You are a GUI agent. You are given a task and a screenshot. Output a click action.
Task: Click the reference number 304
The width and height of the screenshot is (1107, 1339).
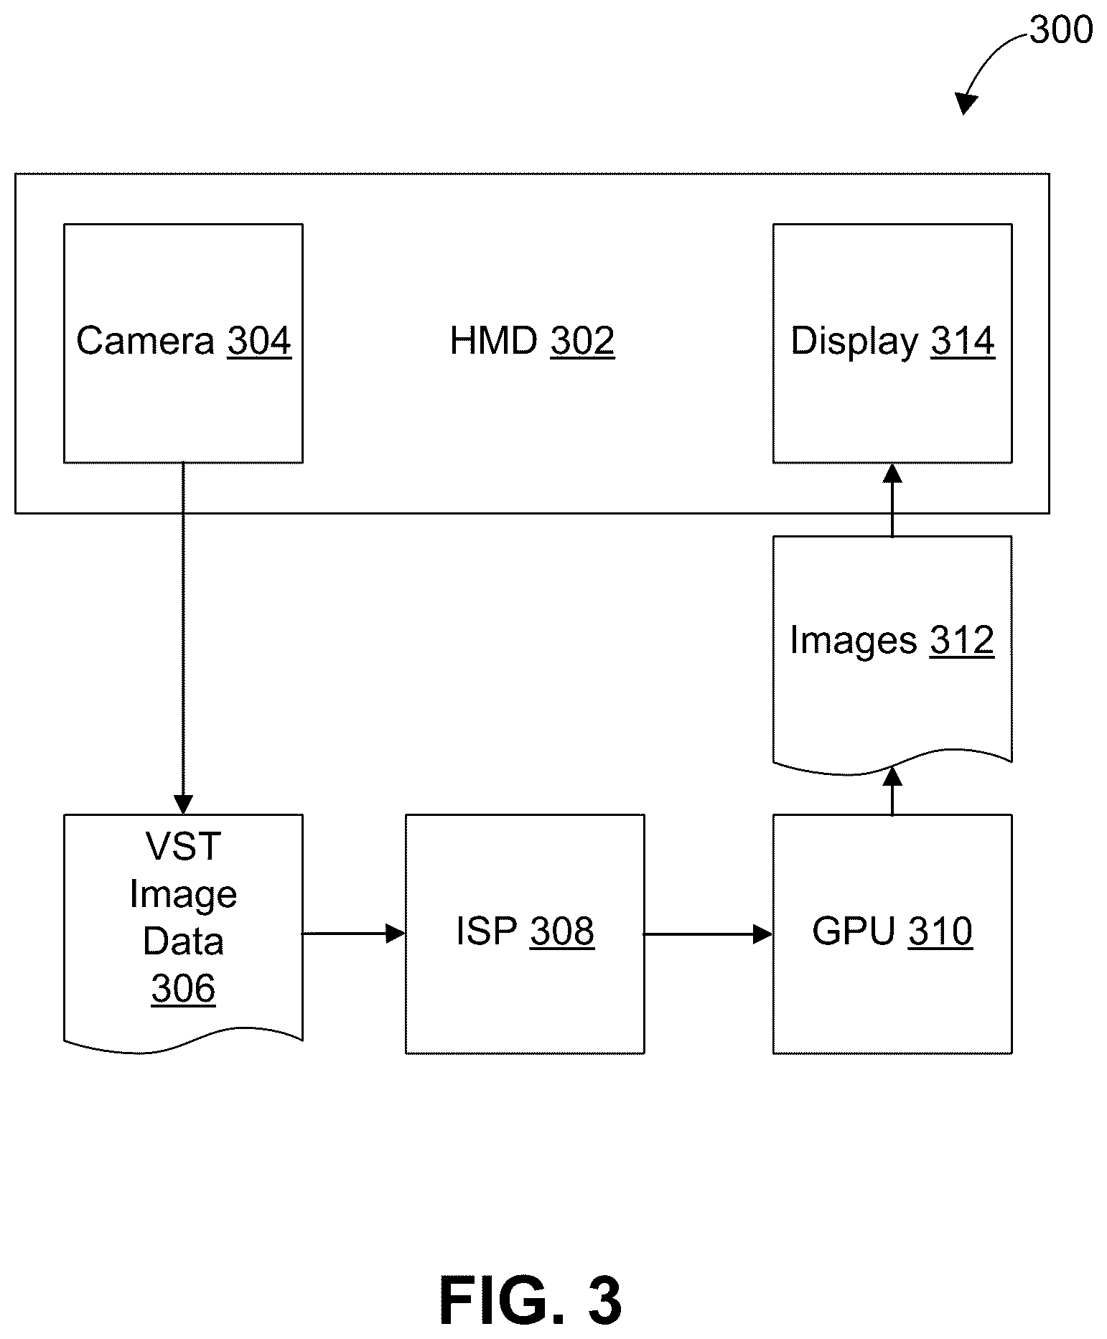click(259, 341)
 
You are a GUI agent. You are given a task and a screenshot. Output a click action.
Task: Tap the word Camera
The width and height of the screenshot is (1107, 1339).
click(145, 341)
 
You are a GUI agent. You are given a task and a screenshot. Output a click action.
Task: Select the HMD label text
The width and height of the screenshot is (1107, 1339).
click(494, 341)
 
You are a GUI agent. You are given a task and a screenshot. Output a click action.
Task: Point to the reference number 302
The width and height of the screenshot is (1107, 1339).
click(582, 341)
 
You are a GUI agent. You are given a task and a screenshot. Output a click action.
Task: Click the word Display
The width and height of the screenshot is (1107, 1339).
click(854, 342)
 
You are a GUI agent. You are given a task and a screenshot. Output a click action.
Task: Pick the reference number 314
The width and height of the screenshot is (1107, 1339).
click(963, 341)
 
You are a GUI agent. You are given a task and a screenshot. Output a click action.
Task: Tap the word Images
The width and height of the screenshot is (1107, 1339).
click(853, 641)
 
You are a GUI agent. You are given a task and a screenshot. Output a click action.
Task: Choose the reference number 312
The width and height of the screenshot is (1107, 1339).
click(962, 640)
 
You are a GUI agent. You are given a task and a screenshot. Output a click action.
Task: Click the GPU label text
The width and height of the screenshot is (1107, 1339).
click(854, 931)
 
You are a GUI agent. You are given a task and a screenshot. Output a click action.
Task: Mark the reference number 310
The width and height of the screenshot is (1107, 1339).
click(940, 931)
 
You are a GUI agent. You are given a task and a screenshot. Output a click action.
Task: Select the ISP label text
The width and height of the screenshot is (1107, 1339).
click(487, 931)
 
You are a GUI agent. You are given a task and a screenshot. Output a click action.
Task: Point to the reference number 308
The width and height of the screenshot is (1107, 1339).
click(562, 931)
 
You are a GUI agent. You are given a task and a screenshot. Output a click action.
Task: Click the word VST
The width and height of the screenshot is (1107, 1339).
click(183, 846)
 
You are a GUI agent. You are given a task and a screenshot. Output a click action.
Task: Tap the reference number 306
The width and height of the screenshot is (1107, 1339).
click(183, 989)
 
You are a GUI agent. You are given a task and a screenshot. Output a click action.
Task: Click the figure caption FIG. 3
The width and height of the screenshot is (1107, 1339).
click(531, 1302)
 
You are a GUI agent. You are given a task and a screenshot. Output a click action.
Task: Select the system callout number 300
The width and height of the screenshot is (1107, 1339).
click(1061, 31)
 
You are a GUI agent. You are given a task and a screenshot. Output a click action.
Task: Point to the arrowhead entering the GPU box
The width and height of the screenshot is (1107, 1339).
click(763, 934)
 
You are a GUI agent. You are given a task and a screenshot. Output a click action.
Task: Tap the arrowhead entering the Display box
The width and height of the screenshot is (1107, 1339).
click(892, 473)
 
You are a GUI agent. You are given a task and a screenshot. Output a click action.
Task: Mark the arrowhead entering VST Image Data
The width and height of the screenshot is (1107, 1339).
click(183, 805)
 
